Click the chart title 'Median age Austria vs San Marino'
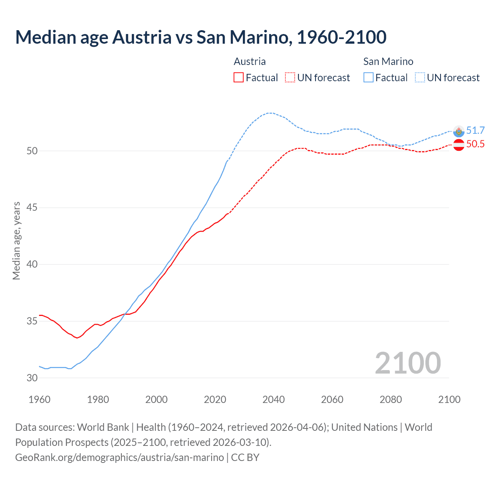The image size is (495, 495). (x=201, y=37)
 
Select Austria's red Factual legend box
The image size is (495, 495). (x=239, y=77)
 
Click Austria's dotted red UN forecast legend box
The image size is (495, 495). (x=290, y=77)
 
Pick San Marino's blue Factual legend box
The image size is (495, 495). (x=369, y=77)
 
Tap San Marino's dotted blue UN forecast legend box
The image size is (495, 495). (x=420, y=77)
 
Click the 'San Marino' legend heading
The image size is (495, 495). (x=388, y=61)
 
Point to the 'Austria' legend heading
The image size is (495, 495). (x=250, y=61)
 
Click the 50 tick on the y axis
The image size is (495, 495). (x=32, y=151)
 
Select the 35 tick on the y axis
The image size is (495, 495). (x=32, y=321)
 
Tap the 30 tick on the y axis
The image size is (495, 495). (x=32, y=378)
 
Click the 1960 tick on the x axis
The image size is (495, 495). (x=39, y=399)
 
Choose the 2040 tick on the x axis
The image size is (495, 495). (x=273, y=399)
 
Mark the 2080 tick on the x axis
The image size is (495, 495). (x=391, y=399)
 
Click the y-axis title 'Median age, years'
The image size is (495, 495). (x=16, y=241)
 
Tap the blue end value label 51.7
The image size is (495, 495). (x=475, y=131)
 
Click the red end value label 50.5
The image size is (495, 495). (x=475, y=144)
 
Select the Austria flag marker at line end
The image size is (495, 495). (x=459, y=145)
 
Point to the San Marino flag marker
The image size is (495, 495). (x=459, y=131)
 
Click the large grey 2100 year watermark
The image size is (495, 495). (x=408, y=363)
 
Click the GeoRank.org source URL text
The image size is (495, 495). (x=119, y=457)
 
